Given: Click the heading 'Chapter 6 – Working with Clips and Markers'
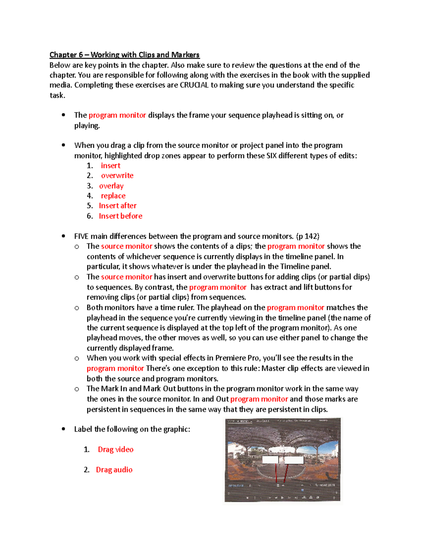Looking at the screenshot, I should click(124, 55).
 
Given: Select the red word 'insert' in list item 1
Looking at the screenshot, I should click(111, 165).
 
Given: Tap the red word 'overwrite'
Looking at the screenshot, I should click(117, 175).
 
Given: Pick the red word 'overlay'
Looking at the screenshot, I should click(111, 186).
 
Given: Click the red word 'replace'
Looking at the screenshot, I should click(113, 196).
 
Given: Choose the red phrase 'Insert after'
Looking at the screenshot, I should click(118, 206).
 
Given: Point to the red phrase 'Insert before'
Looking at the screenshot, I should click(120, 216).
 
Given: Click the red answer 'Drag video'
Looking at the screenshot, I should click(115, 449).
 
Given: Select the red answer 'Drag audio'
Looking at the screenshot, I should click(114, 470).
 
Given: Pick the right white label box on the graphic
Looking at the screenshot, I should click(294, 460).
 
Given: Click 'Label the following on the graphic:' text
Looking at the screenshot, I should click(132, 429).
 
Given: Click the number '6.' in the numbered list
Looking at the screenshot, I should click(90, 216).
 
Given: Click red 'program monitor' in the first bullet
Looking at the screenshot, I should click(117, 115).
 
